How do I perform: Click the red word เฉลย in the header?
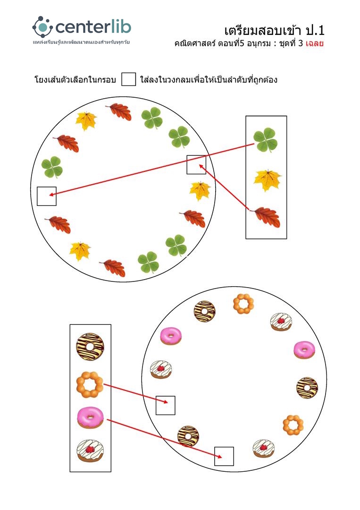(x=314, y=44)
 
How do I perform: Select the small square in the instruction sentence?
(x=128, y=79)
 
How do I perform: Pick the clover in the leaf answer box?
(x=266, y=140)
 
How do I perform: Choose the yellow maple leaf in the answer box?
(x=268, y=180)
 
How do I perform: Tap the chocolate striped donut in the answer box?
(x=90, y=346)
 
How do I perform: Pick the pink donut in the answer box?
(x=90, y=417)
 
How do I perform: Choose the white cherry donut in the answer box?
(x=90, y=451)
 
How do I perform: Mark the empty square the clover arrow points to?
(x=47, y=196)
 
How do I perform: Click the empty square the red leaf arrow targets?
(x=196, y=164)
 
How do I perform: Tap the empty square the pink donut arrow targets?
(x=224, y=456)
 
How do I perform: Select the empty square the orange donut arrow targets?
(x=166, y=405)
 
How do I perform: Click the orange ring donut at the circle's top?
(x=243, y=304)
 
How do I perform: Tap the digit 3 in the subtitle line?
(x=300, y=44)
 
